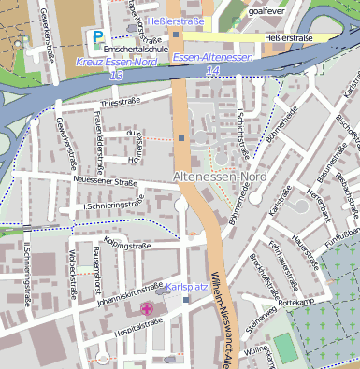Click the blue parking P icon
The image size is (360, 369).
click(x=98, y=37)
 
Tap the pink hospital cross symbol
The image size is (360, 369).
click(x=146, y=308)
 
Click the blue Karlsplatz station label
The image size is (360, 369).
click(x=185, y=289)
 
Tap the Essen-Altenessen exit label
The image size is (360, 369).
click(x=212, y=58)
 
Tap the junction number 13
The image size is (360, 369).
click(x=116, y=75)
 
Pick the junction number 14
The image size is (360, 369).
click(x=213, y=70)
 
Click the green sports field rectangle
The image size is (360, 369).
click(x=284, y=347)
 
